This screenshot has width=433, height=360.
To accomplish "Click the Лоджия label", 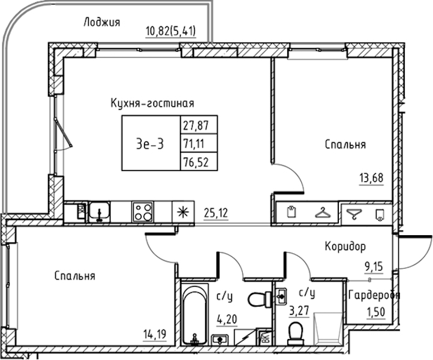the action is [x=102, y=22].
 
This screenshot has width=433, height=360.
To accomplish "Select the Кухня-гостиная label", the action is [x=152, y=103].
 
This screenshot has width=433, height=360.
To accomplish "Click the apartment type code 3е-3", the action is [x=150, y=144].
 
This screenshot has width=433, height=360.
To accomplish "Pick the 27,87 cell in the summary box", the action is [x=199, y=125].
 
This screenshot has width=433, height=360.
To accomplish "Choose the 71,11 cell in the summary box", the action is [x=199, y=143].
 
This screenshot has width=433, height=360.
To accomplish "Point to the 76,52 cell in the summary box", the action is [x=199, y=161].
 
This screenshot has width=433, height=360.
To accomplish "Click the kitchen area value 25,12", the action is [x=216, y=213].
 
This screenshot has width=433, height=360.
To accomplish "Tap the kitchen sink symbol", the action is [x=99, y=212].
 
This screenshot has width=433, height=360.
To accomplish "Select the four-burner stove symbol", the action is [x=143, y=212].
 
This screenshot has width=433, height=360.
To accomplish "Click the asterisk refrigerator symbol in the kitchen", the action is [x=182, y=212].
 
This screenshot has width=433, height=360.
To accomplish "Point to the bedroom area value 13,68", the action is [x=371, y=178].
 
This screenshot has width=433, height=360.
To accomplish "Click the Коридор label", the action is [x=345, y=246].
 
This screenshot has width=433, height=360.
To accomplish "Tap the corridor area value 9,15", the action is [x=373, y=266].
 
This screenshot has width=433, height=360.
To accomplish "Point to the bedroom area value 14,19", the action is [x=155, y=335].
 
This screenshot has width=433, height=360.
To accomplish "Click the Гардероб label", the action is [x=374, y=295].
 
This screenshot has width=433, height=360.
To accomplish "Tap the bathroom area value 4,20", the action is [x=227, y=319].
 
